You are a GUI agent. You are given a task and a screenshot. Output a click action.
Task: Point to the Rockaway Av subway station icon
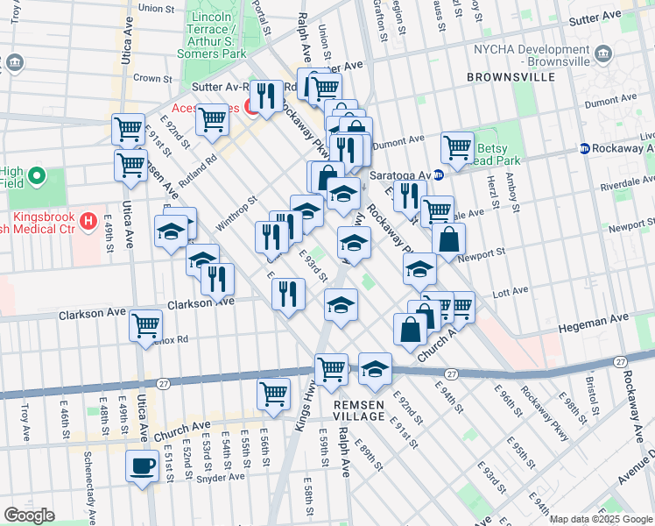point(584,148)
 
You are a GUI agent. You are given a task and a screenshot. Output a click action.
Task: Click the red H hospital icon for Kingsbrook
point(88,222)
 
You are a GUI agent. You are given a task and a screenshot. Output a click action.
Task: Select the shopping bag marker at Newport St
point(448,239)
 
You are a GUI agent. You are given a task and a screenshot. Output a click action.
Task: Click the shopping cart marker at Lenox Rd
point(145,325)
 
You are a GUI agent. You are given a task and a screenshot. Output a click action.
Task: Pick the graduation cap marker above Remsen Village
point(375,368)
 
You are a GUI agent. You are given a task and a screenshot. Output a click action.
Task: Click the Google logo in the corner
point(30,515)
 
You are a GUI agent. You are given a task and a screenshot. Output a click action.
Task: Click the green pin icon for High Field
point(36,177)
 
